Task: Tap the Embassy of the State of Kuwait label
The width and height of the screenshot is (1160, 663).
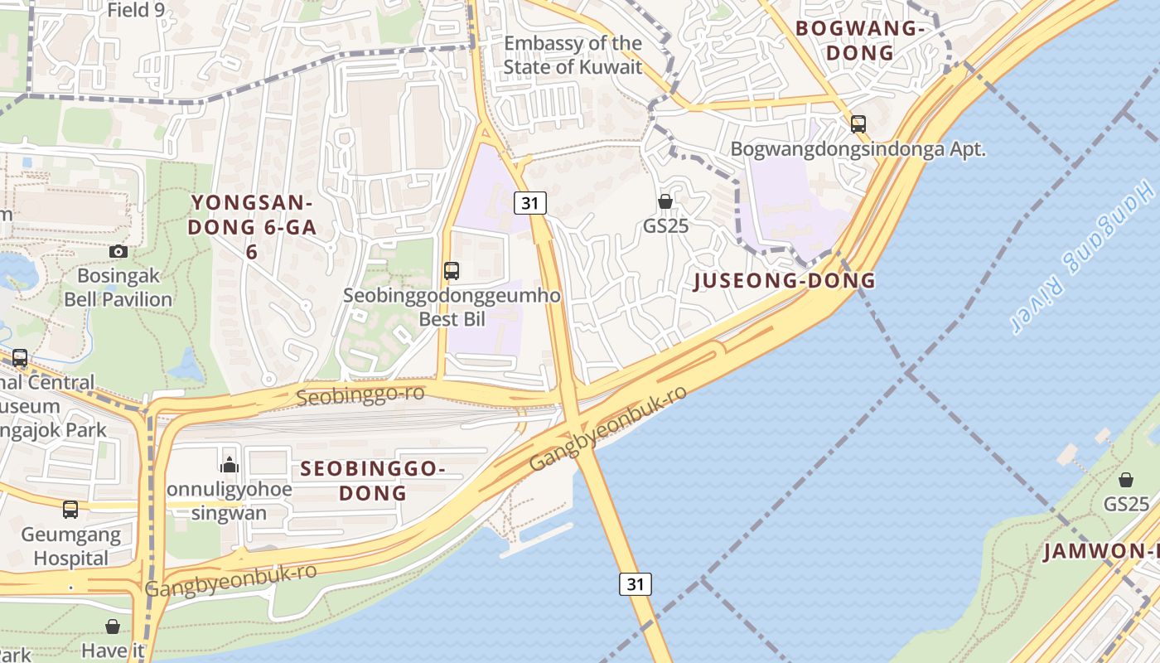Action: click(x=573, y=55)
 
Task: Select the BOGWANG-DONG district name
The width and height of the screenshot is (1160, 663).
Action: click(x=859, y=41)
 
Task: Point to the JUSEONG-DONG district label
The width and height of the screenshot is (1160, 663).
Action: click(x=784, y=280)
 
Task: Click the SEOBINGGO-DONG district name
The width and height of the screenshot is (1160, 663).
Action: click(x=373, y=481)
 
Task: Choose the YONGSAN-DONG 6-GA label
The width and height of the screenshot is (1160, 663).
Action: click(x=252, y=226)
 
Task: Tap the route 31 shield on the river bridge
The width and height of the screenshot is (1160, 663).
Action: click(x=635, y=583)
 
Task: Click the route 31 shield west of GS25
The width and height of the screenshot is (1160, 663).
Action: click(x=529, y=202)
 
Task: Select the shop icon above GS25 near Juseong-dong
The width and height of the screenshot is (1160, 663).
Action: click(x=665, y=201)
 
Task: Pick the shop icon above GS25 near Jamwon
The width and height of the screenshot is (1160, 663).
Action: click(x=1125, y=480)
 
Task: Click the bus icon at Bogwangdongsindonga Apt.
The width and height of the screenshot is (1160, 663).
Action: click(x=858, y=124)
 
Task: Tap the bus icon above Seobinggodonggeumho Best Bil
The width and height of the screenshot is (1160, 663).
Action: click(x=452, y=270)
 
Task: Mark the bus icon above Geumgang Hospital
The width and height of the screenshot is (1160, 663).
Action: click(x=70, y=509)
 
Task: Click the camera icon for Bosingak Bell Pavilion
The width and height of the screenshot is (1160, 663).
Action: click(x=118, y=251)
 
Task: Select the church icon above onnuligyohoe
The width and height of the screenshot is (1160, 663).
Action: click(x=230, y=464)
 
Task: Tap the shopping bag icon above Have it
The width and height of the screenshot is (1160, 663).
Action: click(x=113, y=627)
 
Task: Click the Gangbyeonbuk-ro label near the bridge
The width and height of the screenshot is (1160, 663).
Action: click(x=608, y=428)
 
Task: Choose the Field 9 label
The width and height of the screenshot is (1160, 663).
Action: click(x=136, y=10)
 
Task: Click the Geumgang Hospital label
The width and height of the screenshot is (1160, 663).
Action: click(x=71, y=546)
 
